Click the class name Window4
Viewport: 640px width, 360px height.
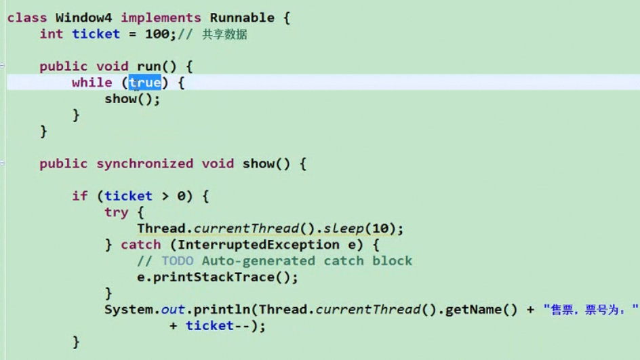click(x=83, y=18)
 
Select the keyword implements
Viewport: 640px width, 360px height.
click(x=161, y=18)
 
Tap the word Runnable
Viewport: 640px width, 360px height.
click(x=242, y=18)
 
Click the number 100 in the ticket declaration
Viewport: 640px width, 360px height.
click(x=157, y=35)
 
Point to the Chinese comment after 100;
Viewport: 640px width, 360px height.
click(x=224, y=35)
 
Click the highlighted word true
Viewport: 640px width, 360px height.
click(x=145, y=83)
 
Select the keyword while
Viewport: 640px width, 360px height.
click(x=92, y=83)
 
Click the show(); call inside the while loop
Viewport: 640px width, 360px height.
click(x=132, y=99)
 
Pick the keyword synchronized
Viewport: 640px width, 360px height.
click(x=144, y=164)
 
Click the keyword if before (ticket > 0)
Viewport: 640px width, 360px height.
click(x=79, y=197)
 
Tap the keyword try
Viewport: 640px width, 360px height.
click(x=117, y=213)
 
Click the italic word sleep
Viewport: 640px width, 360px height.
click(x=344, y=228)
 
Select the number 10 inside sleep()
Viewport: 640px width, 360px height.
click(x=380, y=228)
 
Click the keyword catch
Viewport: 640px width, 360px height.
click(x=140, y=245)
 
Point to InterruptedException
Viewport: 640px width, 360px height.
click(x=258, y=245)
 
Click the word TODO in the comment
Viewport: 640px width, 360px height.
click(x=177, y=261)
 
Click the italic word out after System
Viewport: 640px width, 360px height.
click(x=173, y=310)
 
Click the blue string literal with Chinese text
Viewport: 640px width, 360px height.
click(x=591, y=310)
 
